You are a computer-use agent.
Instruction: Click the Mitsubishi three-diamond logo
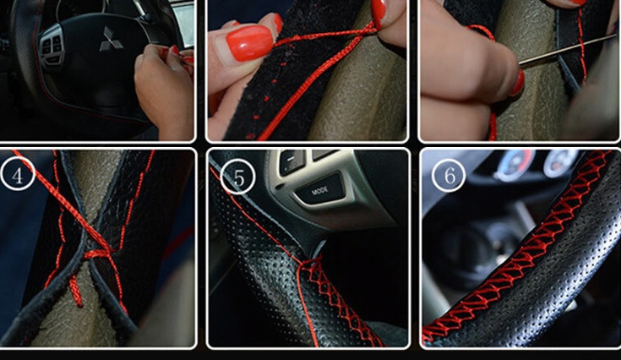(111, 39)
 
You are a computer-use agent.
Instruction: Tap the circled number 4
(18, 174)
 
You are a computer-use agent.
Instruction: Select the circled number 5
(237, 177)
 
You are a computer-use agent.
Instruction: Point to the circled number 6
(449, 175)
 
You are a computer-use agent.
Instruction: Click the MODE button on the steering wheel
(319, 189)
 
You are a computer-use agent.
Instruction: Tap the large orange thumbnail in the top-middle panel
(249, 43)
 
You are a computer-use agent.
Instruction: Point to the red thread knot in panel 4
(97, 253)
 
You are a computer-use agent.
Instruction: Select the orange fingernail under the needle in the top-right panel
(517, 82)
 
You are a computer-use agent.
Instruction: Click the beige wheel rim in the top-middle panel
(357, 91)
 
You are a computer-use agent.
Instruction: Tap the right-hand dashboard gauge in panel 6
(561, 162)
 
